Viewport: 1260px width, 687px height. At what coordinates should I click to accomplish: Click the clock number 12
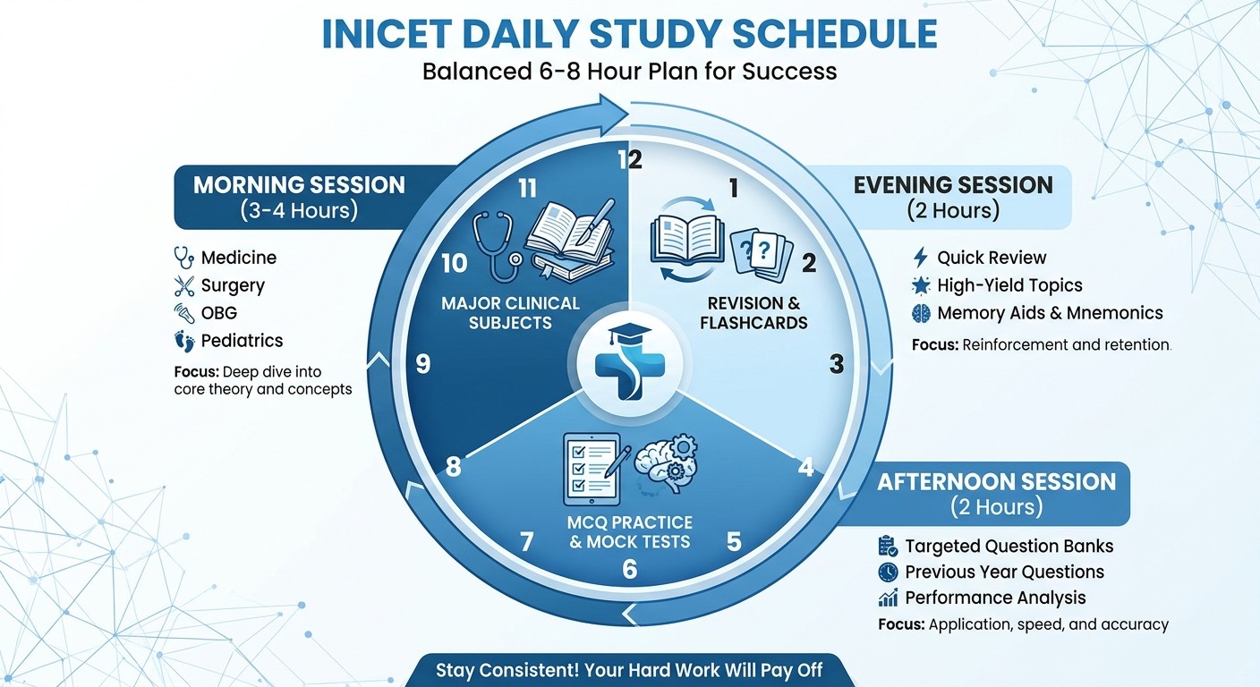pyautogui.click(x=631, y=160)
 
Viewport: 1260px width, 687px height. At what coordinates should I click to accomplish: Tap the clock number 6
pyautogui.click(x=630, y=569)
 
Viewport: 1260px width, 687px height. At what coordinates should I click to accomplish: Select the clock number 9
pyautogui.click(x=423, y=364)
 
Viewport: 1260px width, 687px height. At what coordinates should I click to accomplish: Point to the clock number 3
pyautogui.click(x=836, y=364)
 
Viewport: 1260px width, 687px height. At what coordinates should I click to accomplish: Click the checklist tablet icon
pyautogui.click(x=589, y=469)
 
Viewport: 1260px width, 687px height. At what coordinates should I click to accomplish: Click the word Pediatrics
pyautogui.click(x=242, y=341)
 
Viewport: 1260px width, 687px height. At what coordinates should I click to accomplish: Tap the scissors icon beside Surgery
pyautogui.click(x=184, y=286)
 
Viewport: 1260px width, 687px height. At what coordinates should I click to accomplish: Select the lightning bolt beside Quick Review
pyautogui.click(x=920, y=259)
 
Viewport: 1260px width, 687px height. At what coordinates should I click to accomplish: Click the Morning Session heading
pyautogui.click(x=299, y=185)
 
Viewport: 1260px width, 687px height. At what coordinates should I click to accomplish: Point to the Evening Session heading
pyautogui.click(x=952, y=185)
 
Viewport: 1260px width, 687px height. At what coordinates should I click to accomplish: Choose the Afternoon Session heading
pyautogui.click(x=996, y=482)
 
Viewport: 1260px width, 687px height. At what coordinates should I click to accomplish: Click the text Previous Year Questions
pyautogui.click(x=1004, y=572)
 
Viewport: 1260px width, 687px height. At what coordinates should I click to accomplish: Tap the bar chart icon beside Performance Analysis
pyautogui.click(x=888, y=598)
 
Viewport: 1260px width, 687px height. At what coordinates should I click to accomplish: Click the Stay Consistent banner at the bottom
pyautogui.click(x=628, y=670)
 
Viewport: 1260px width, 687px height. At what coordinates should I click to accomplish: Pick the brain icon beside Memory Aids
pyautogui.click(x=921, y=313)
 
